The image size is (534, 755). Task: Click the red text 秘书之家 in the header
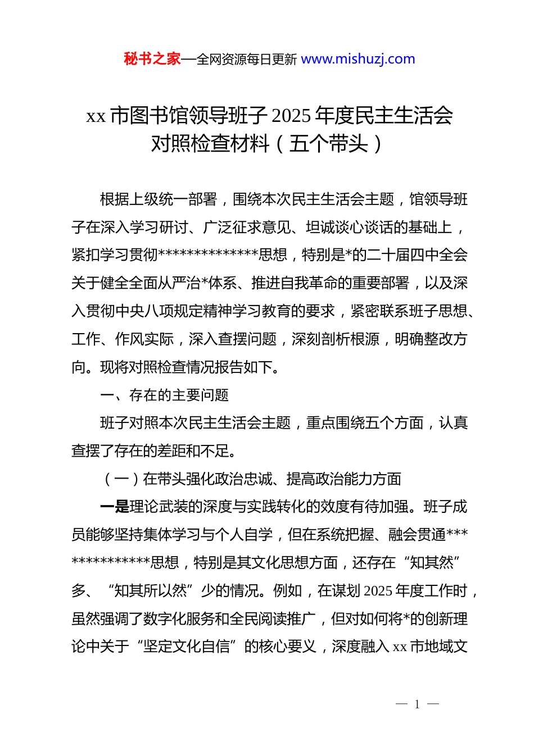click(x=152, y=59)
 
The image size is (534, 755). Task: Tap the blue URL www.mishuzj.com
click(x=358, y=59)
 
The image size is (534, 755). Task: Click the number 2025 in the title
click(x=291, y=116)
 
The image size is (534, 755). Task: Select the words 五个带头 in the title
click(x=329, y=144)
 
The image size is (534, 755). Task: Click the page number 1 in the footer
click(x=417, y=704)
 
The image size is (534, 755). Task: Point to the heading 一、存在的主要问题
click(x=164, y=395)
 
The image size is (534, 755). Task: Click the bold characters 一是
click(x=115, y=507)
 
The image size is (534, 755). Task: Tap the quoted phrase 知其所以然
click(x=151, y=591)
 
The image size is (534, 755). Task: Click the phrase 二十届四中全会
click(x=417, y=255)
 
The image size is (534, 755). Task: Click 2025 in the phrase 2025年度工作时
click(x=378, y=591)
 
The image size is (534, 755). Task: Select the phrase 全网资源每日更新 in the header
click(x=246, y=60)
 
